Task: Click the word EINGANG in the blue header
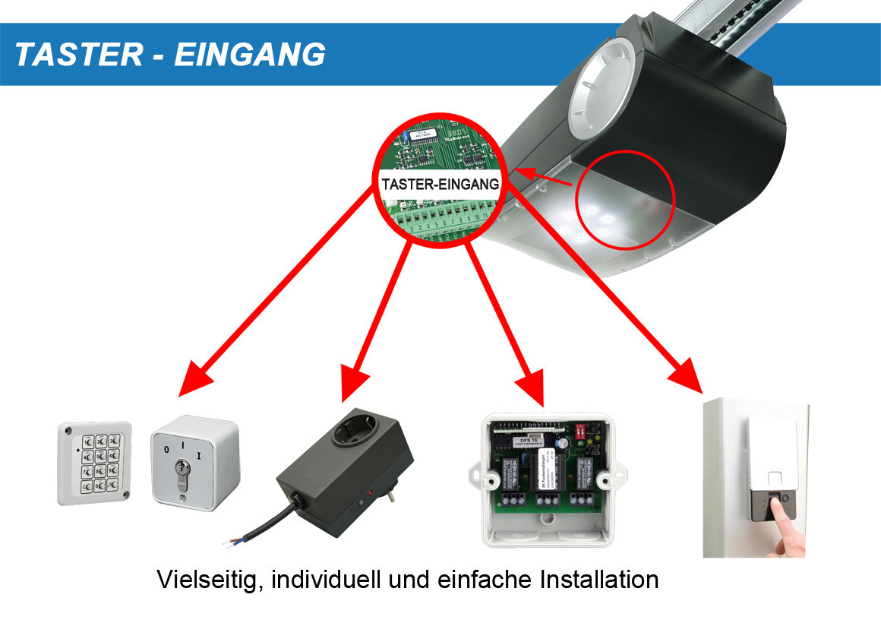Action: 250,55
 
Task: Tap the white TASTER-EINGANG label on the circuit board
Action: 440,184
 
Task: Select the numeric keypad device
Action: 95,463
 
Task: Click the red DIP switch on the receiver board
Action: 583,430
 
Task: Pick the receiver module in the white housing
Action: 546,478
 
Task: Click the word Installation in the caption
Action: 599,580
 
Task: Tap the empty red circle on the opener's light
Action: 625,198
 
